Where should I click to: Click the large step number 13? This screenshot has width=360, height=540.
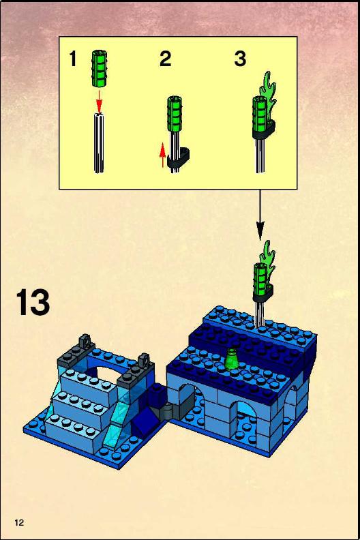[33, 302]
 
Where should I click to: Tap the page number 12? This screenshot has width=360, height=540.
[19, 522]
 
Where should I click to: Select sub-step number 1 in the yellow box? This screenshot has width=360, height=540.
[73, 59]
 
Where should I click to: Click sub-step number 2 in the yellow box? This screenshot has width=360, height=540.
[166, 59]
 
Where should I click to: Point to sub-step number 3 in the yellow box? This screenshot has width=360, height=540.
[240, 59]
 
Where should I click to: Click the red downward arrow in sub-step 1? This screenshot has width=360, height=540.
[100, 100]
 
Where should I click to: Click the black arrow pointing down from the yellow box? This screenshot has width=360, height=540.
[260, 215]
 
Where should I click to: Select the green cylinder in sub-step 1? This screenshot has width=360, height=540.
[100, 69]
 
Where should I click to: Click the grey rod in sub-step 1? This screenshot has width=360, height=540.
[99, 143]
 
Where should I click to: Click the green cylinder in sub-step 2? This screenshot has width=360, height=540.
[175, 114]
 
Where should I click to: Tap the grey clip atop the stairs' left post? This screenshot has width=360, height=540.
[85, 342]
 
